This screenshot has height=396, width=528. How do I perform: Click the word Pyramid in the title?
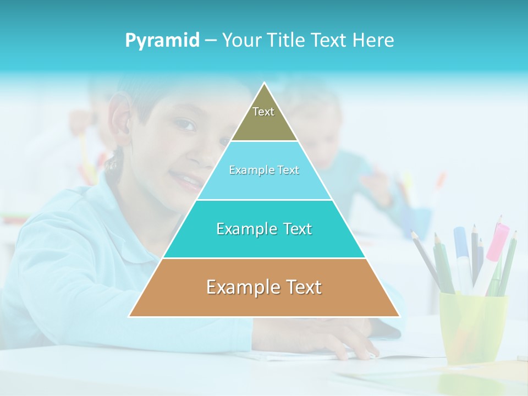coord(162,40)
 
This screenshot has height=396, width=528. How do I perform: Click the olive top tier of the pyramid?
coord(264,124)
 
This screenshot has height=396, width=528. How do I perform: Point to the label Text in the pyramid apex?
coord(263,112)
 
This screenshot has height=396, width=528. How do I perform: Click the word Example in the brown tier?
coord(239,287)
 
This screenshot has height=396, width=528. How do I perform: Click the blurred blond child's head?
coord(313,116)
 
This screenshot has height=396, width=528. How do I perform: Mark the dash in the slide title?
coord(211,40)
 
